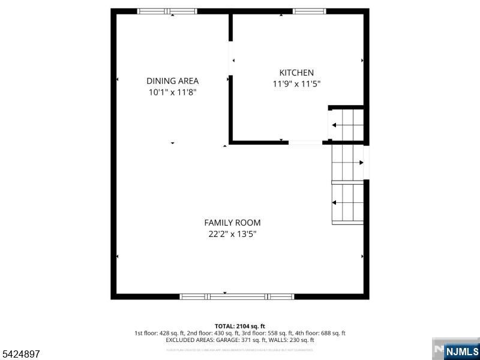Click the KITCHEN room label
pos(296,73)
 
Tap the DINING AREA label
pos(172,81)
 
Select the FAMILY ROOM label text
pos(232,223)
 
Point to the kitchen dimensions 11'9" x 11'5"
pos(296,85)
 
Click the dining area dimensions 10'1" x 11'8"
pos(172,92)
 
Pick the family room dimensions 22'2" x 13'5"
pos(232,235)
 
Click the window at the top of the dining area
pos(167,11)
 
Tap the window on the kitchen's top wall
pos(310,11)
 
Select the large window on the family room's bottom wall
pos(237,296)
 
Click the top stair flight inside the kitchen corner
pos(347,125)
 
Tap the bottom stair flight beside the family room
pos(348,203)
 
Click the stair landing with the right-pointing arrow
pos(348,162)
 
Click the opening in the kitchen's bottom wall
pos(305,142)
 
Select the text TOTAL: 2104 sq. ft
pos(240,326)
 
